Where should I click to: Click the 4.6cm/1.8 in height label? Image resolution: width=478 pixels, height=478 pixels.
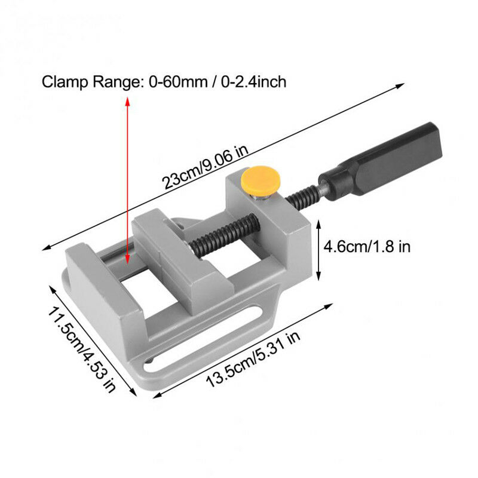(x=366, y=246)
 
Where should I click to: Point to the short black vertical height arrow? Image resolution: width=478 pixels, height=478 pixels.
(x=318, y=249)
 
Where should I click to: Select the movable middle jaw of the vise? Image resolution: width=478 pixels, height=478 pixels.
(x=173, y=251)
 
